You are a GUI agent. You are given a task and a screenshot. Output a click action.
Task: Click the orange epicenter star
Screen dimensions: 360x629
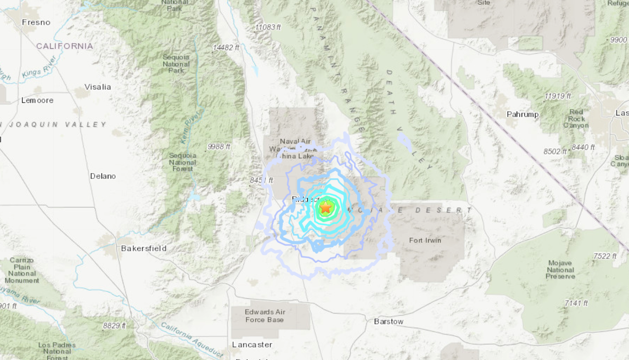pyautogui.click(x=326, y=208)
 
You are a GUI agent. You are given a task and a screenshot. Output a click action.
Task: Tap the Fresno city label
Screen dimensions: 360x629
pyautogui.click(x=36, y=22)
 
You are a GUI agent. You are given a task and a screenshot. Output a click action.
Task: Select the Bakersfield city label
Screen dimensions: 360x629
pyautogui.click(x=144, y=248)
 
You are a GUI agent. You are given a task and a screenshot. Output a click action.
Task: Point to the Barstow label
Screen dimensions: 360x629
pyautogui.click(x=388, y=322)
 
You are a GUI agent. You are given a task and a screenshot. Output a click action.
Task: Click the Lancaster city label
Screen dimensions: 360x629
pyautogui.click(x=252, y=344)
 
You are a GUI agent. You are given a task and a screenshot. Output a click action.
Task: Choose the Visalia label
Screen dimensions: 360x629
pyautogui.click(x=98, y=87)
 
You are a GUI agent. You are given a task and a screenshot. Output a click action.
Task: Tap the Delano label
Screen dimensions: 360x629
pyautogui.click(x=103, y=176)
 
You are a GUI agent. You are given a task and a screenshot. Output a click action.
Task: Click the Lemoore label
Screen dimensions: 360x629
pyautogui.click(x=37, y=100)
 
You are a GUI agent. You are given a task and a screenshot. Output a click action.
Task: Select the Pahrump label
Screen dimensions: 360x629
pyautogui.click(x=523, y=114)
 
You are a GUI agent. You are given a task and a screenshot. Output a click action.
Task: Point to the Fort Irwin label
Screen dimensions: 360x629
pyautogui.click(x=425, y=241)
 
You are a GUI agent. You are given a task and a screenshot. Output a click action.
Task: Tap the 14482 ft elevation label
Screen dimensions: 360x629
pyautogui.click(x=226, y=47)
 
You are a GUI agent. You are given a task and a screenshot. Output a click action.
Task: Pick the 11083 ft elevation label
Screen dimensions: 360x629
pyautogui.click(x=268, y=27)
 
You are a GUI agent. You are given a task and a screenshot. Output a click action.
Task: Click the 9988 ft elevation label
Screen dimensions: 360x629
pyautogui.click(x=219, y=147)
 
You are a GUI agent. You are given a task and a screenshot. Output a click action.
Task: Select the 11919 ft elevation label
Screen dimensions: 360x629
pyautogui.click(x=557, y=96)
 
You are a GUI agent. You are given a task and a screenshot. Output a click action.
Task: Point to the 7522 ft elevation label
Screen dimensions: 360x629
pyautogui.click(x=604, y=256)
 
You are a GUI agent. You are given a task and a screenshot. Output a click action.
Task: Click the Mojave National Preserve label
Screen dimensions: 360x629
pyautogui.click(x=560, y=270)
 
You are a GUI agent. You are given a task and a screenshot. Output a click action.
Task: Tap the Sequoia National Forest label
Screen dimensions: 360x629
pyautogui.click(x=183, y=162)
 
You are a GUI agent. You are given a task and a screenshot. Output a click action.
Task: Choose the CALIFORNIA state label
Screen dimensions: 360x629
pyautogui.click(x=65, y=46)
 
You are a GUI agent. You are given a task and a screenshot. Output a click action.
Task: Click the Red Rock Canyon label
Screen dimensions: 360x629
pyautogui.click(x=576, y=119)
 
